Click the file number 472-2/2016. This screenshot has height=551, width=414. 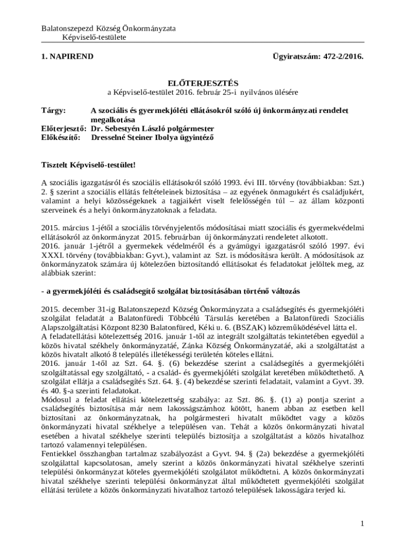338,56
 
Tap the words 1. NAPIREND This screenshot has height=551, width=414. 68,56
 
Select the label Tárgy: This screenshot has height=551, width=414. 53,110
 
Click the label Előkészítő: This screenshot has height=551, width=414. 61,137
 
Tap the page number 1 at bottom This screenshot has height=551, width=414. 362,524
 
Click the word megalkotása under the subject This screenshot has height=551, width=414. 113,119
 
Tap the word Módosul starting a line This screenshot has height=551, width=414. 57,399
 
